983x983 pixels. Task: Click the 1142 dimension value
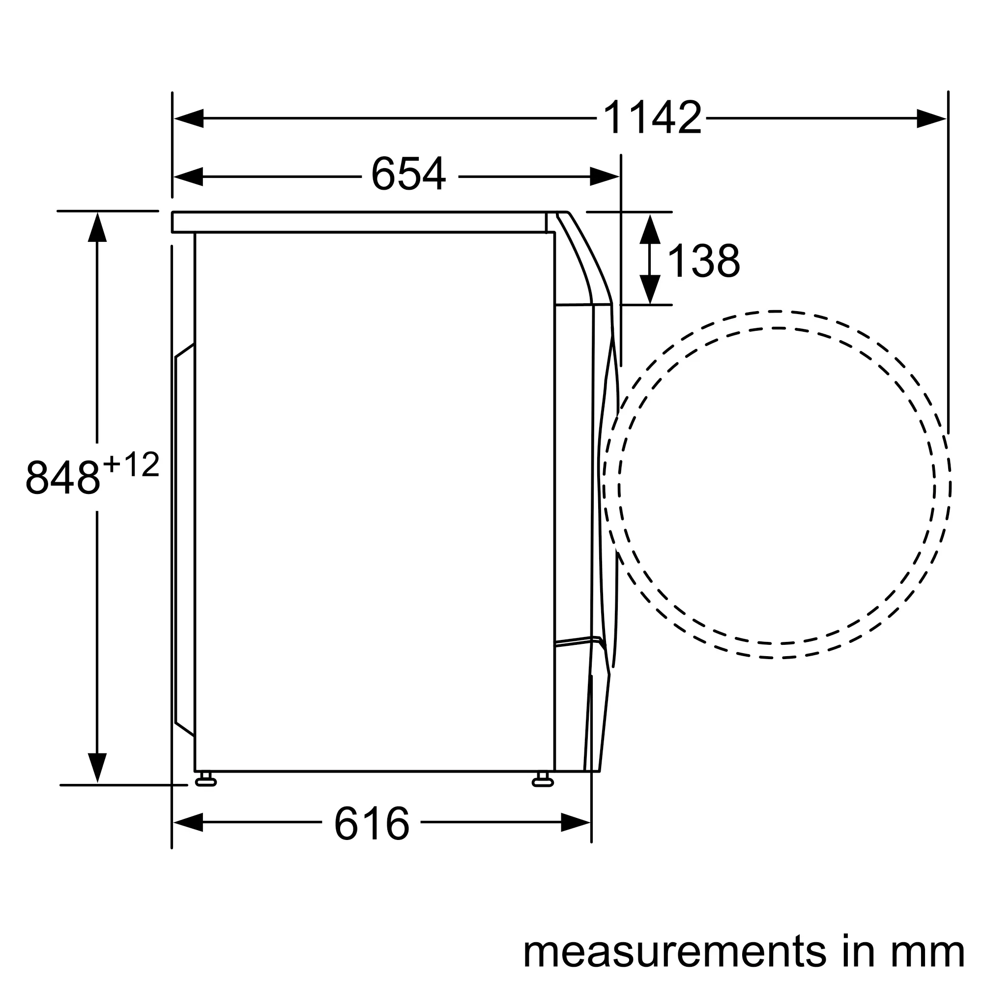pyautogui.click(x=652, y=117)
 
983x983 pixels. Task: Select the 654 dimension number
pyautogui.click(x=408, y=174)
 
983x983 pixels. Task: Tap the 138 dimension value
pyautogui.click(x=703, y=260)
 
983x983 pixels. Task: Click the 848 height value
pyautogui.click(x=62, y=477)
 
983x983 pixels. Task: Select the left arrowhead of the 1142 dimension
pyautogui.click(x=189, y=118)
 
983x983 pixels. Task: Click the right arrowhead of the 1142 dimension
pyautogui.click(x=931, y=118)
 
